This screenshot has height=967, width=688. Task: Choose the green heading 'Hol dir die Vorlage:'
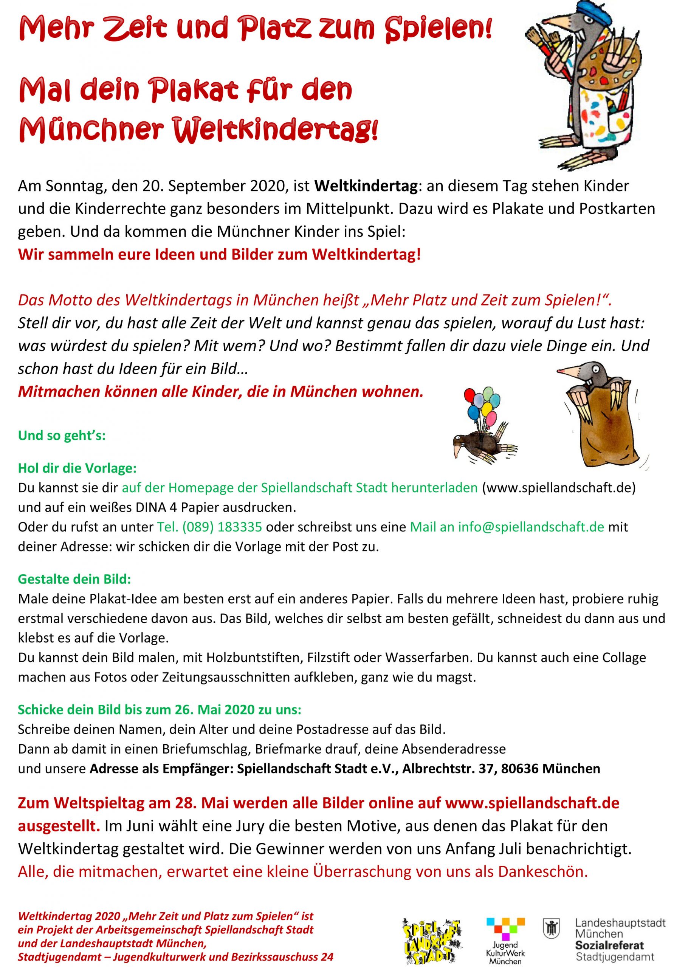[77, 468]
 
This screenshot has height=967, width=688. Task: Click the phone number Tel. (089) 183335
[209, 527]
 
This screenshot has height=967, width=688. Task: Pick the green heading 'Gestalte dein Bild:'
[74, 579]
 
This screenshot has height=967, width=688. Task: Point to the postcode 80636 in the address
[519, 768]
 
